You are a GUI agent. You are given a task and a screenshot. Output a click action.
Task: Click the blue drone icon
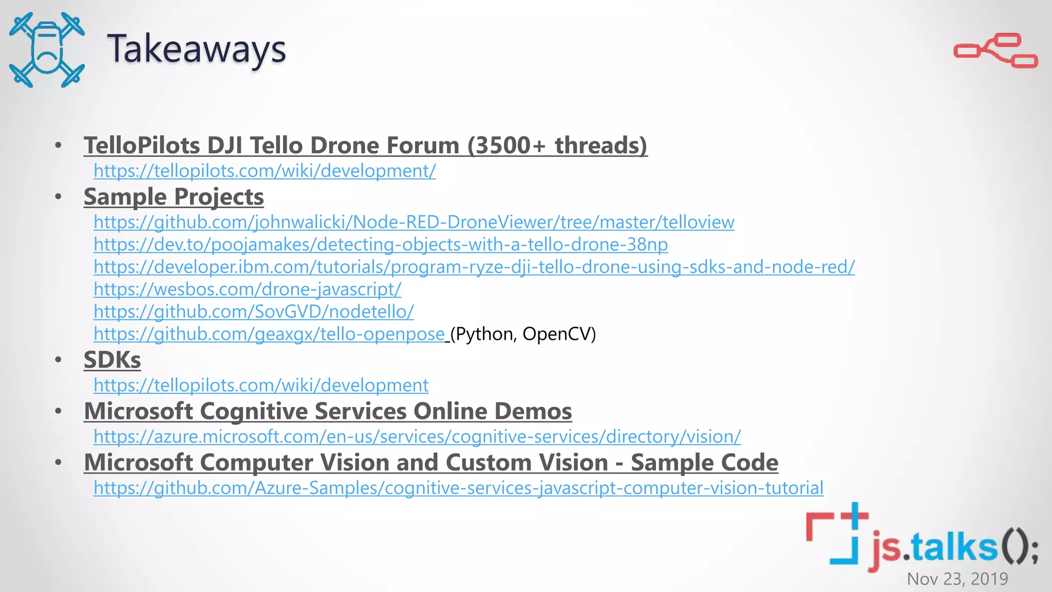pyautogui.click(x=47, y=50)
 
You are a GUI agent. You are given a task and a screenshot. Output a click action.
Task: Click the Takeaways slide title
pyautogui.click(x=196, y=49)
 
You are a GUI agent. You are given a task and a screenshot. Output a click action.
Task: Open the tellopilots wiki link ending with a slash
pyautogui.click(x=265, y=171)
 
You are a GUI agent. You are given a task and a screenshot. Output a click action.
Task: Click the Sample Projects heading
pyautogui.click(x=174, y=197)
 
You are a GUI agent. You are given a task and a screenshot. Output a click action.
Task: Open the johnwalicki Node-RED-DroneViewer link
pyautogui.click(x=414, y=223)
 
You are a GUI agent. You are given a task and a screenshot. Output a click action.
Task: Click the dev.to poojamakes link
pyautogui.click(x=380, y=245)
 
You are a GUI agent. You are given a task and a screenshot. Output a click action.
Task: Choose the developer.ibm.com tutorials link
pyautogui.click(x=474, y=267)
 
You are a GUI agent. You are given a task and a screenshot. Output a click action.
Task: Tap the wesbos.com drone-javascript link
pyautogui.click(x=247, y=289)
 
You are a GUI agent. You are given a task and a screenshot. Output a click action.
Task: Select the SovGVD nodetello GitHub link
pyautogui.click(x=253, y=312)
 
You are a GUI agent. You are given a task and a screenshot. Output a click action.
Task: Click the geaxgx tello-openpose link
pyautogui.click(x=269, y=334)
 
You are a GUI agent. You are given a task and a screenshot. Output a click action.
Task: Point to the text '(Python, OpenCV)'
pyautogui.click(x=523, y=334)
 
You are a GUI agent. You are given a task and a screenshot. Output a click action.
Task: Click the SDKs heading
pyautogui.click(x=112, y=360)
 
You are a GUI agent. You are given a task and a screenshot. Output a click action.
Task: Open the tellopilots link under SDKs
pyautogui.click(x=261, y=385)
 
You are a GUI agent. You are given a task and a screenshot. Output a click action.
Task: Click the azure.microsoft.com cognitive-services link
pyautogui.click(x=417, y=437)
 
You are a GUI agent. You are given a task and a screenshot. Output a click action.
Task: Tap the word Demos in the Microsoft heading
pyautogui.click(x=533, y=411)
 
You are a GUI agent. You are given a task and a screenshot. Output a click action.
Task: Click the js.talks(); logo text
pyautogui.click(x=953, y=547)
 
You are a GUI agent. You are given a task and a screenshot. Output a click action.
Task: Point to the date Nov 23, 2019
pyautogui.click(x=957, y=579)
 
